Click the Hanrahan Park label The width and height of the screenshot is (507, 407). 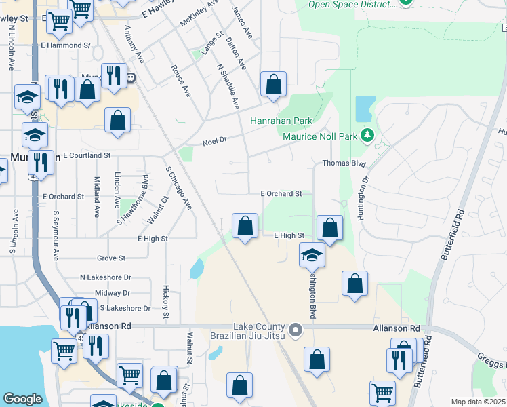(x=281, y=121)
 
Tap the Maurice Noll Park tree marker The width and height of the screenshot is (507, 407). (x=368, y=136)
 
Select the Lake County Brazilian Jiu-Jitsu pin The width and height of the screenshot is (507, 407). (x=296, y=331)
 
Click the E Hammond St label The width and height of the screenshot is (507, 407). (x=65, y=45)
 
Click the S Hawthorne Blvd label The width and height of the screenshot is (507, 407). (x=134, y=199)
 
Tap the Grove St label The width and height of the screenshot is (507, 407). (x=111, y=258)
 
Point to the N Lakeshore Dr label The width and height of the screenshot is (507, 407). (x=105, y=277)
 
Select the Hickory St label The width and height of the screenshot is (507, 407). (x=165, y=303)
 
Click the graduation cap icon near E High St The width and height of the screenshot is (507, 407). (x=312, y=255)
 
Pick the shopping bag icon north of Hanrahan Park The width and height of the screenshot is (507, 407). (x=273, y=85)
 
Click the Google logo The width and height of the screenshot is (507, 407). (x=22, y=399)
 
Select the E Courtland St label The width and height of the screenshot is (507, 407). (x=86, y=155)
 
